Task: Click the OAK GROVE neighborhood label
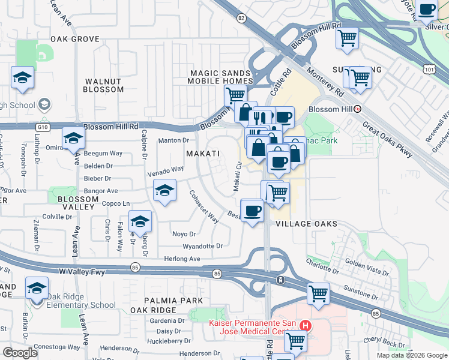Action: click(74, 38)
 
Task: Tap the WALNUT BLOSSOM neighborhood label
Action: click(104, 85)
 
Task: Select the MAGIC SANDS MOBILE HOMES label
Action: click(221, 77)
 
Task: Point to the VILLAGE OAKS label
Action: click(304, 223)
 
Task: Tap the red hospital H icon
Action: click(306, 326)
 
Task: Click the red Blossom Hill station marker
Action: click(358, 109)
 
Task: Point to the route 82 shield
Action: click(241, 18)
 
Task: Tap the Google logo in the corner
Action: click(20, 352)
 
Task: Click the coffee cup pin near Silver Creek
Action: click(427, 10)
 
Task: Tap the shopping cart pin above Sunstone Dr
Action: click(318, 293)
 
